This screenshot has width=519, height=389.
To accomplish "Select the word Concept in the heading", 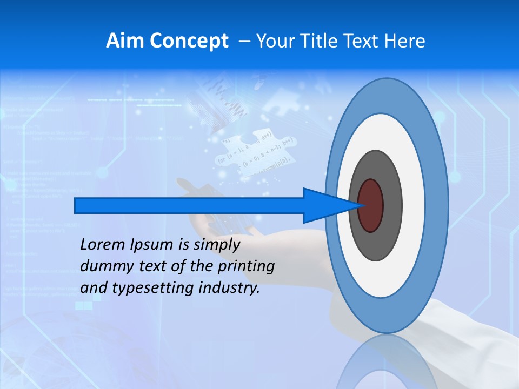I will (x=188, y=41).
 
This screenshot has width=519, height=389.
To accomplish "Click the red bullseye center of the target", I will (x=371, y=206).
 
